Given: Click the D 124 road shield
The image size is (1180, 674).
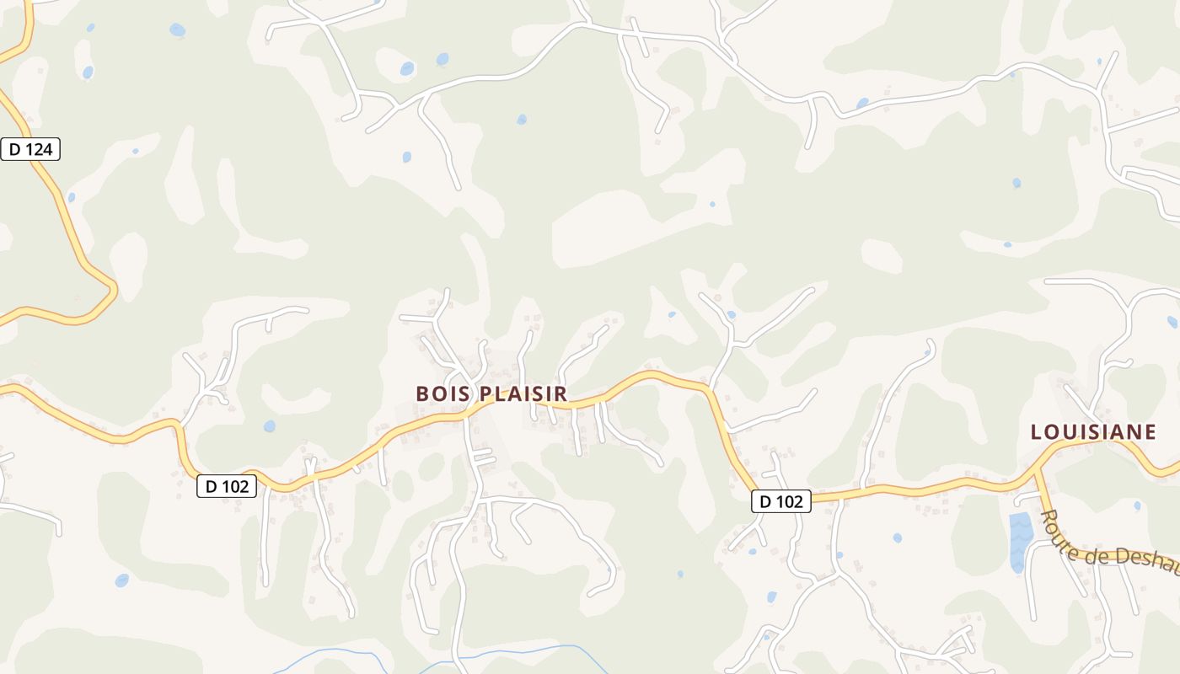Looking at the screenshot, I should [x=30, y=150].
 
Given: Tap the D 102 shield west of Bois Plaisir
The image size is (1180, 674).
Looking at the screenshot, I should [x=227, y=486].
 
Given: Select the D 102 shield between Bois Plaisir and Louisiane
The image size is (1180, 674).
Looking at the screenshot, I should [x=781, y=502].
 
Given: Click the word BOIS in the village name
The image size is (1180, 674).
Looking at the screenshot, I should [x=443, y=393].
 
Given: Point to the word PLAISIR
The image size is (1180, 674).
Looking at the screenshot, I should [x=523, y=393].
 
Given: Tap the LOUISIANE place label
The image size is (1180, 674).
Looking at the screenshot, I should [x=1093, y=432].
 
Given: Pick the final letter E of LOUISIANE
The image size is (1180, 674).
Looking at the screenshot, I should [x=1150, y=432].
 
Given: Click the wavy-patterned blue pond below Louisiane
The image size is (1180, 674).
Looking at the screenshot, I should [x=1020, y=539].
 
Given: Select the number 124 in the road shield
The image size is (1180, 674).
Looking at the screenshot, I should [x=39, y=150].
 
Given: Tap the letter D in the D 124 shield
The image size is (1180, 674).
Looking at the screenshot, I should [x=13, y=150].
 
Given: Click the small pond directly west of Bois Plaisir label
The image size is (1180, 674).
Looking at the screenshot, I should [x=269, y=426].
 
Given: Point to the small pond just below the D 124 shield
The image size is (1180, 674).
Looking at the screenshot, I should [x=71, y=197].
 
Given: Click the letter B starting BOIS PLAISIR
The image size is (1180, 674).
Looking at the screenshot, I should [x=422, y=393].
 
